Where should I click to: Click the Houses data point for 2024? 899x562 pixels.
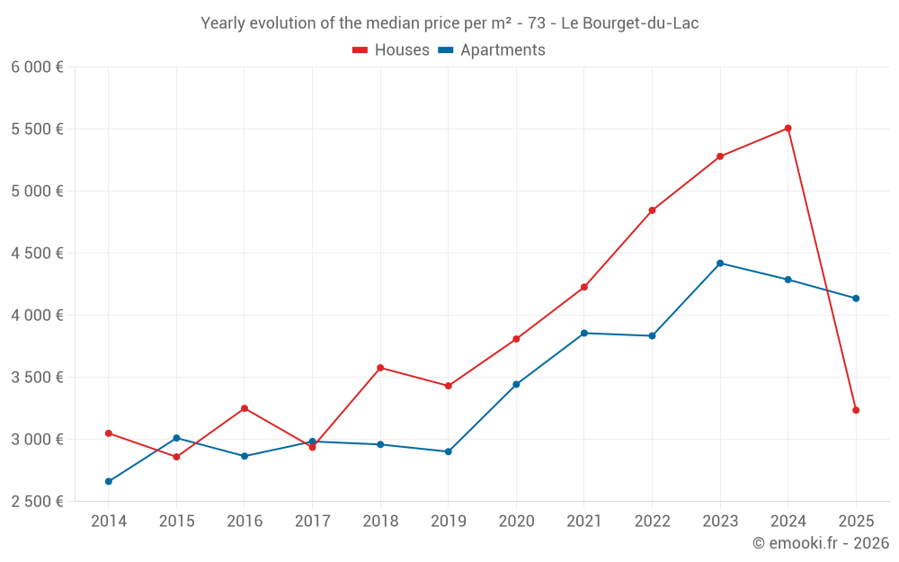788,129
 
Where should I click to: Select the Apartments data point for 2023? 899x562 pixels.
720,263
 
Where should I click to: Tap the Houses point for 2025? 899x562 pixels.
856,410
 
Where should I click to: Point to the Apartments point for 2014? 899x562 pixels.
109,481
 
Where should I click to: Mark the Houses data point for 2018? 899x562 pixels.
380,368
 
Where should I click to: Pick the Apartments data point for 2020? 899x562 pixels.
516,384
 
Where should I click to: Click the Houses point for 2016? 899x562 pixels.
245,408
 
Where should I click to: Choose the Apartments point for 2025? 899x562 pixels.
856,299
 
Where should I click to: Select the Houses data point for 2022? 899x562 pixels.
652,210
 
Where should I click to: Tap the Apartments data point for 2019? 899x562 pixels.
449,451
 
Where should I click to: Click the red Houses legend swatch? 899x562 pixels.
360,50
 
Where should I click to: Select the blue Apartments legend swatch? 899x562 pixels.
445,50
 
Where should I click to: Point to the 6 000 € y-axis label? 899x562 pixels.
38,67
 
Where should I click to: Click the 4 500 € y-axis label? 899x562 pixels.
38,254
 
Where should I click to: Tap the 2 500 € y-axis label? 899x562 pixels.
38,502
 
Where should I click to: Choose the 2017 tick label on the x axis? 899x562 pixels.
312,521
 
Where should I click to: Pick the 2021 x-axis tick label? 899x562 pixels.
584,521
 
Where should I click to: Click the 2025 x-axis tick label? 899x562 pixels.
856,521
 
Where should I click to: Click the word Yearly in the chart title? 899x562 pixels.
222,23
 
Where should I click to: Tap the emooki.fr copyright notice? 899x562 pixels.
821,543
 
